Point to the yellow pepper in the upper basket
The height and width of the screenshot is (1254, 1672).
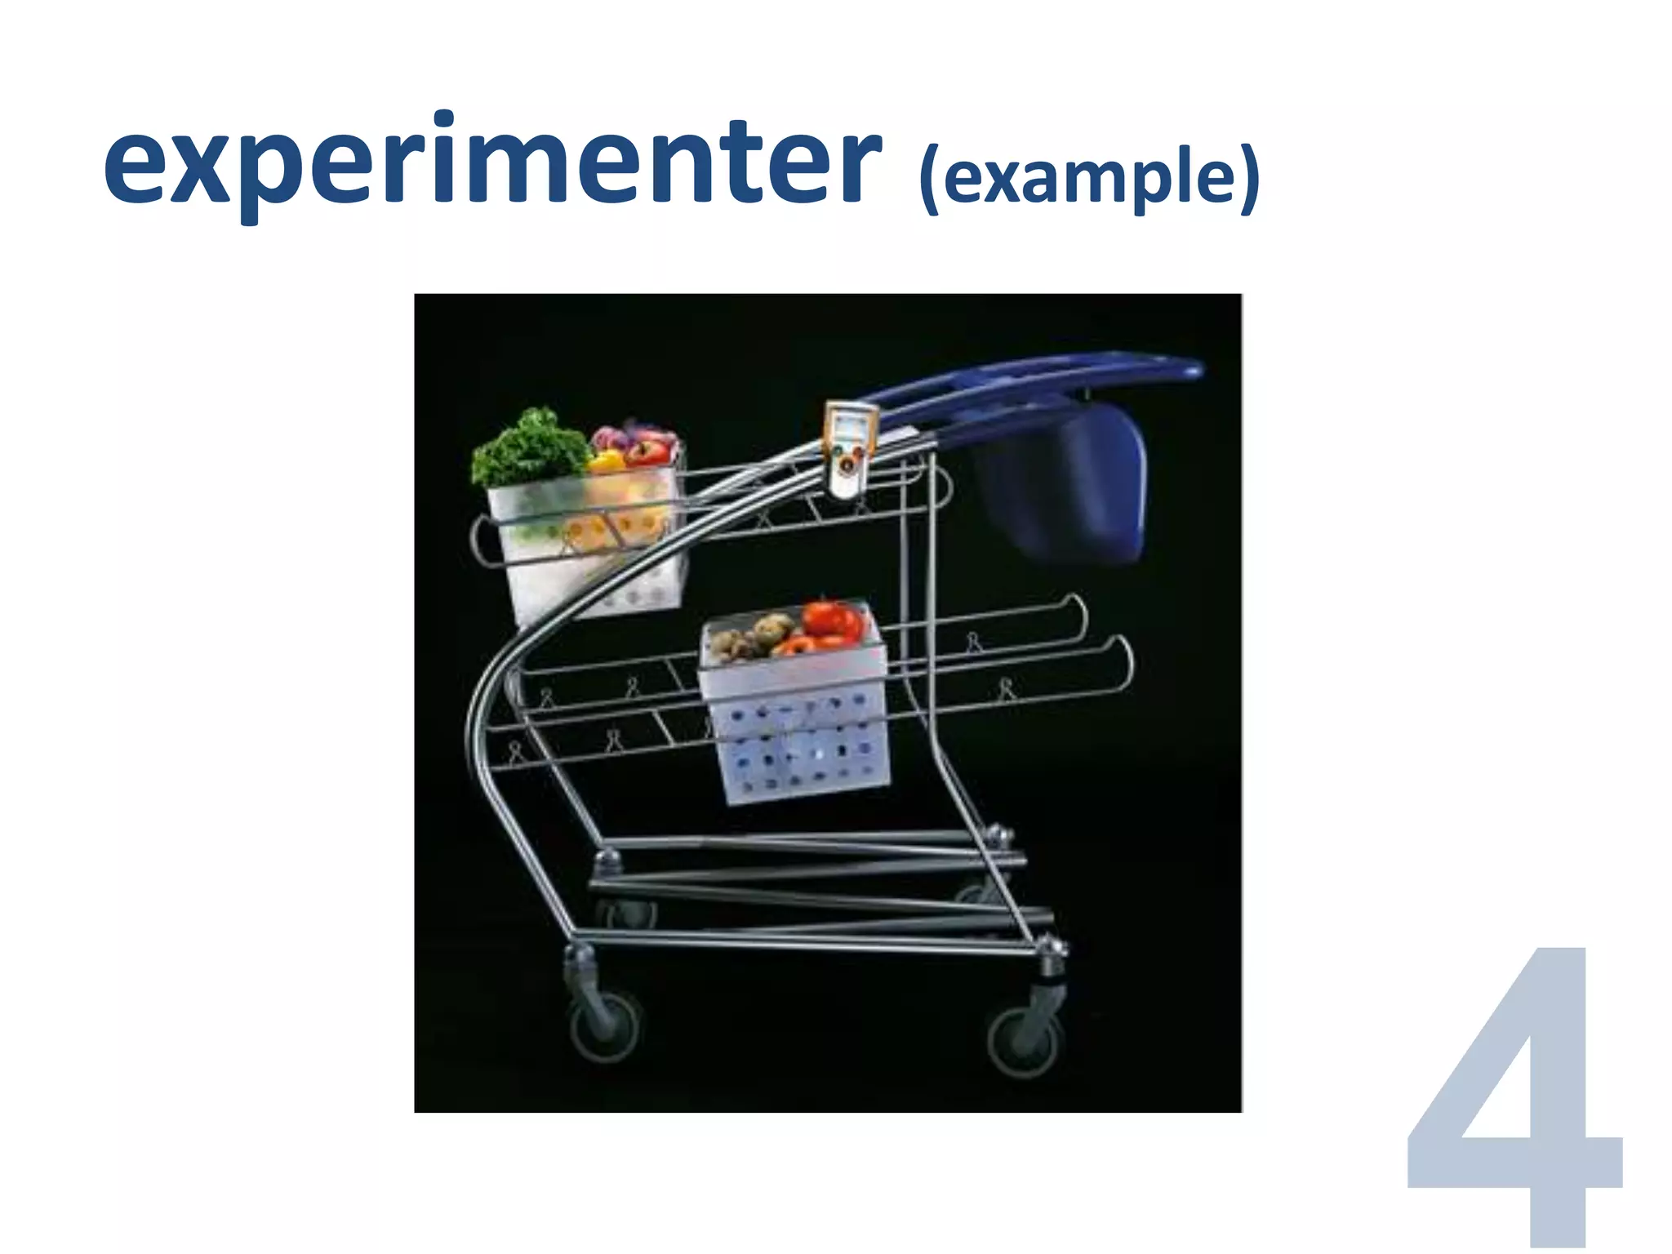(606, 463)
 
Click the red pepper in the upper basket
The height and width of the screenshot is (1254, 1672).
(649, 451)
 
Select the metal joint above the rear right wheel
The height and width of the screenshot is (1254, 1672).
(1051, 947)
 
